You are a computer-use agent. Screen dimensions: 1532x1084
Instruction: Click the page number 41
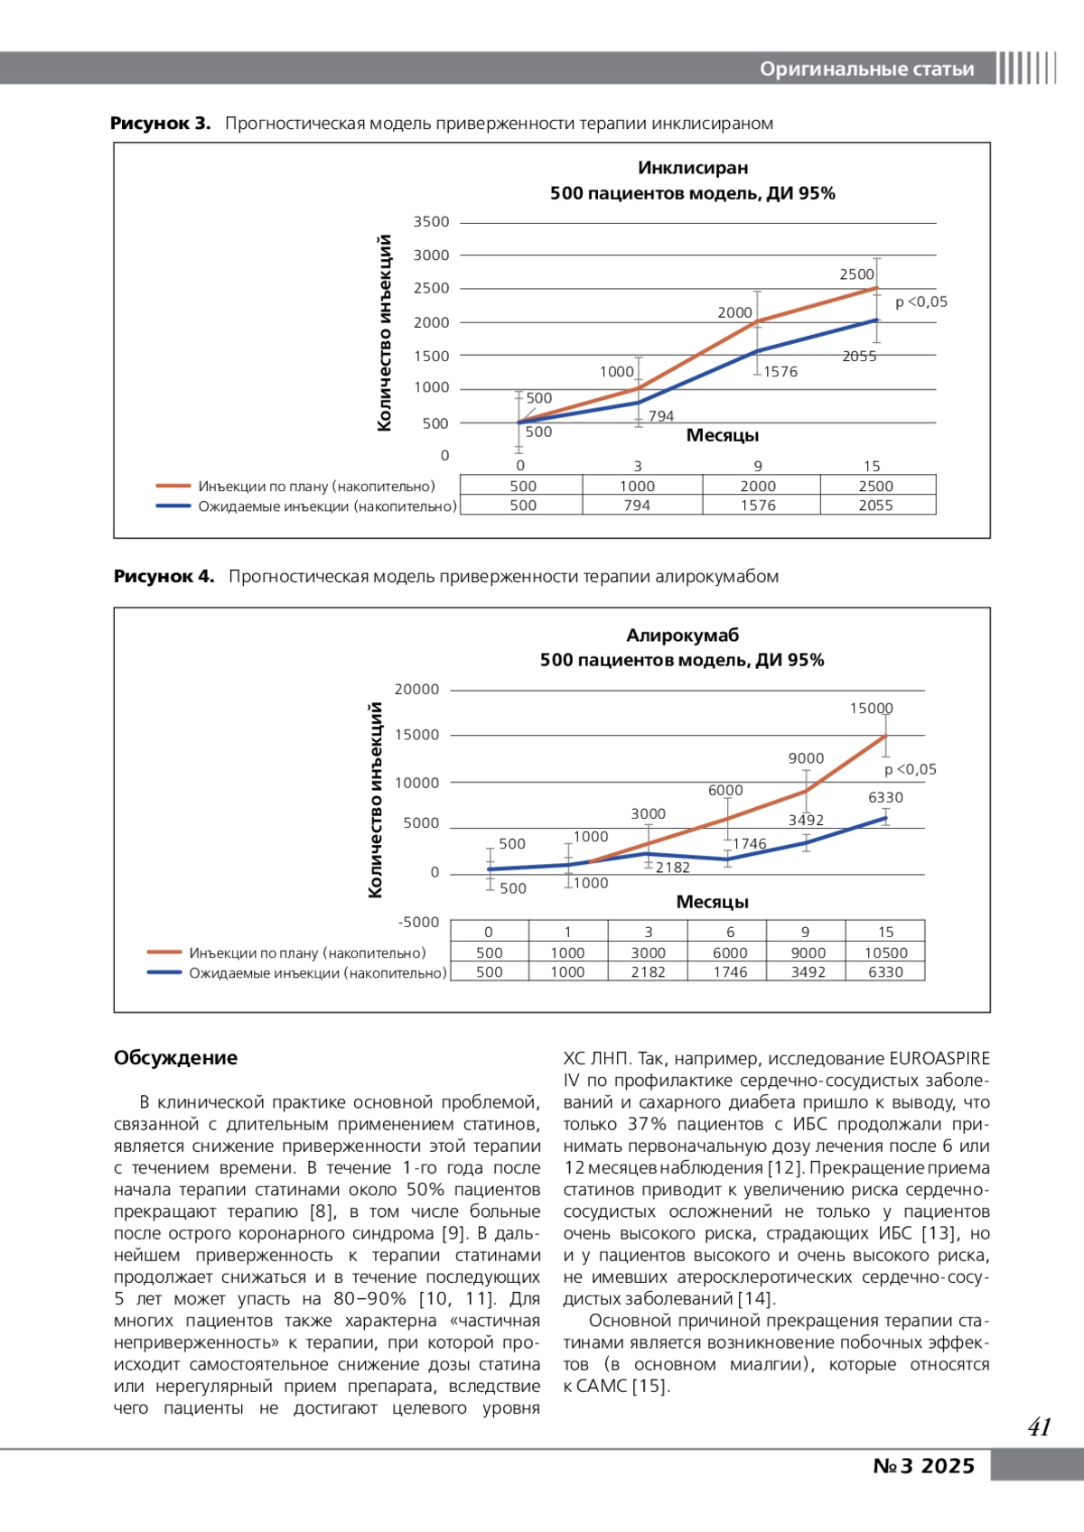pyautogui.click(x=1039, y=1427)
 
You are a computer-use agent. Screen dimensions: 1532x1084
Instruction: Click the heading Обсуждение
pyautogui.click(x=175, y=1058)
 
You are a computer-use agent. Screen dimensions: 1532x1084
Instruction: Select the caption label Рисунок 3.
pyautogui.click(x=160, y=124)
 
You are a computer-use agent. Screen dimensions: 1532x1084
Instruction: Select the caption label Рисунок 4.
pyautogui.click(x=164, y=577)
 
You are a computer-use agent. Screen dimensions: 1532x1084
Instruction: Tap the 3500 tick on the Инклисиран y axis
pyautogui.click(x=431, y=222)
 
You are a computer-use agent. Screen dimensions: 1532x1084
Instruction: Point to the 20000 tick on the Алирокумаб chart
pyautogui.click(x=416, y=690)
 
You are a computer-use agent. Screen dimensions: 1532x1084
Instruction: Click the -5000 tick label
pyautogui.click(x=418, y=923)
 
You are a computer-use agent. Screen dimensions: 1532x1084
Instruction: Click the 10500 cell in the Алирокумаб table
pyautogui.click(x=885, y=952)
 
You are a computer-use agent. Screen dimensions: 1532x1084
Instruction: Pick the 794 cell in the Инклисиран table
pyautogui.click(x=637, y=506)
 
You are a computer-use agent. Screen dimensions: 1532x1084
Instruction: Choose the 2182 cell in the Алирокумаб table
pyautogui.click(x=648, y=972)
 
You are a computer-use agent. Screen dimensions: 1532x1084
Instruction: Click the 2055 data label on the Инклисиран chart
pyautogui.click(x=859, y=357)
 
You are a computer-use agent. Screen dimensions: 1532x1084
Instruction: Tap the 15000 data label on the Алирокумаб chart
pyautogui.click(x=871, y=709)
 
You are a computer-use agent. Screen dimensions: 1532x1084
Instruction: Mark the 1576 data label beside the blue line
pyautogui.click(x=780, y=372)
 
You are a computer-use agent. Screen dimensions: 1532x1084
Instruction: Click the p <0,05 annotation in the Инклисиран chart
pyautogui.click(x=920, y=302)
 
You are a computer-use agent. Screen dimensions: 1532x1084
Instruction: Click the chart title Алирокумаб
pyautogui.click(x=682, y=636)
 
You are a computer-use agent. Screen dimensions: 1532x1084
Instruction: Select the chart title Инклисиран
pyautogui.click(x=693, y=168)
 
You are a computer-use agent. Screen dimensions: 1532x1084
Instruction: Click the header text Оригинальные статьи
pyautogui.click(x=866, y=70)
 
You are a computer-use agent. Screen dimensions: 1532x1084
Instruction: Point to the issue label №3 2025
pyautogui.click(x=923, y=1466)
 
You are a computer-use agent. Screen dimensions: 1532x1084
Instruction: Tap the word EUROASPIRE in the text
pyautogui.click(x=939, y=1058)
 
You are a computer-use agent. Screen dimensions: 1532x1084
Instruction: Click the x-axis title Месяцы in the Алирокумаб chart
pyautogui.click(x=712, y=902)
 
